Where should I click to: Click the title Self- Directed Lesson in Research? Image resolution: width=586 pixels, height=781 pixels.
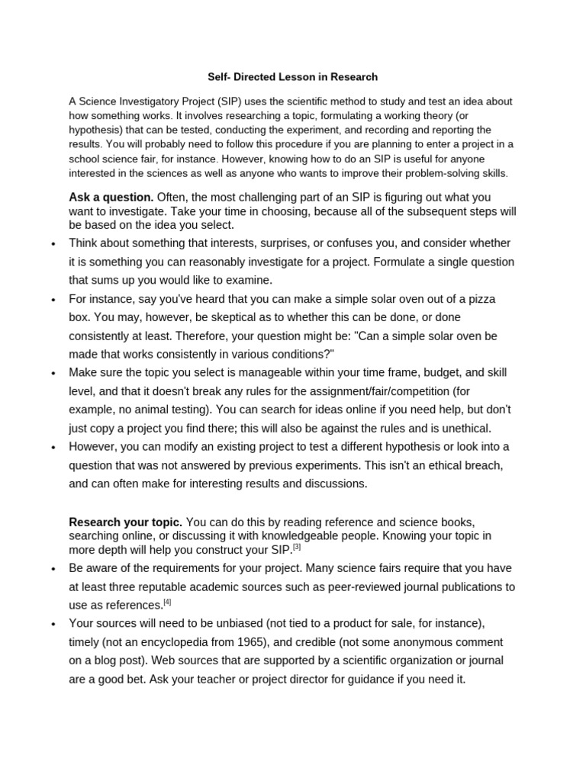coord(293,77)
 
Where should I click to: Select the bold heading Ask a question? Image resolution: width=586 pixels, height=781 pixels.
coord(111,198)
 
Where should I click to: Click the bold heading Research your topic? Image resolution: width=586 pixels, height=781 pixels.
coord(126,522)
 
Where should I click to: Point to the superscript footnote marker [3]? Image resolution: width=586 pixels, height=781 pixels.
coord(297,546)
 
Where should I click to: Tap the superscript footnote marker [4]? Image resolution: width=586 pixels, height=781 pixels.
coord(168,602)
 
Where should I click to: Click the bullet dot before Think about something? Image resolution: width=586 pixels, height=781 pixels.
coord(53,244)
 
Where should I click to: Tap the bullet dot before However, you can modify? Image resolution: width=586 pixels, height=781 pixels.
coord(53,448)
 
